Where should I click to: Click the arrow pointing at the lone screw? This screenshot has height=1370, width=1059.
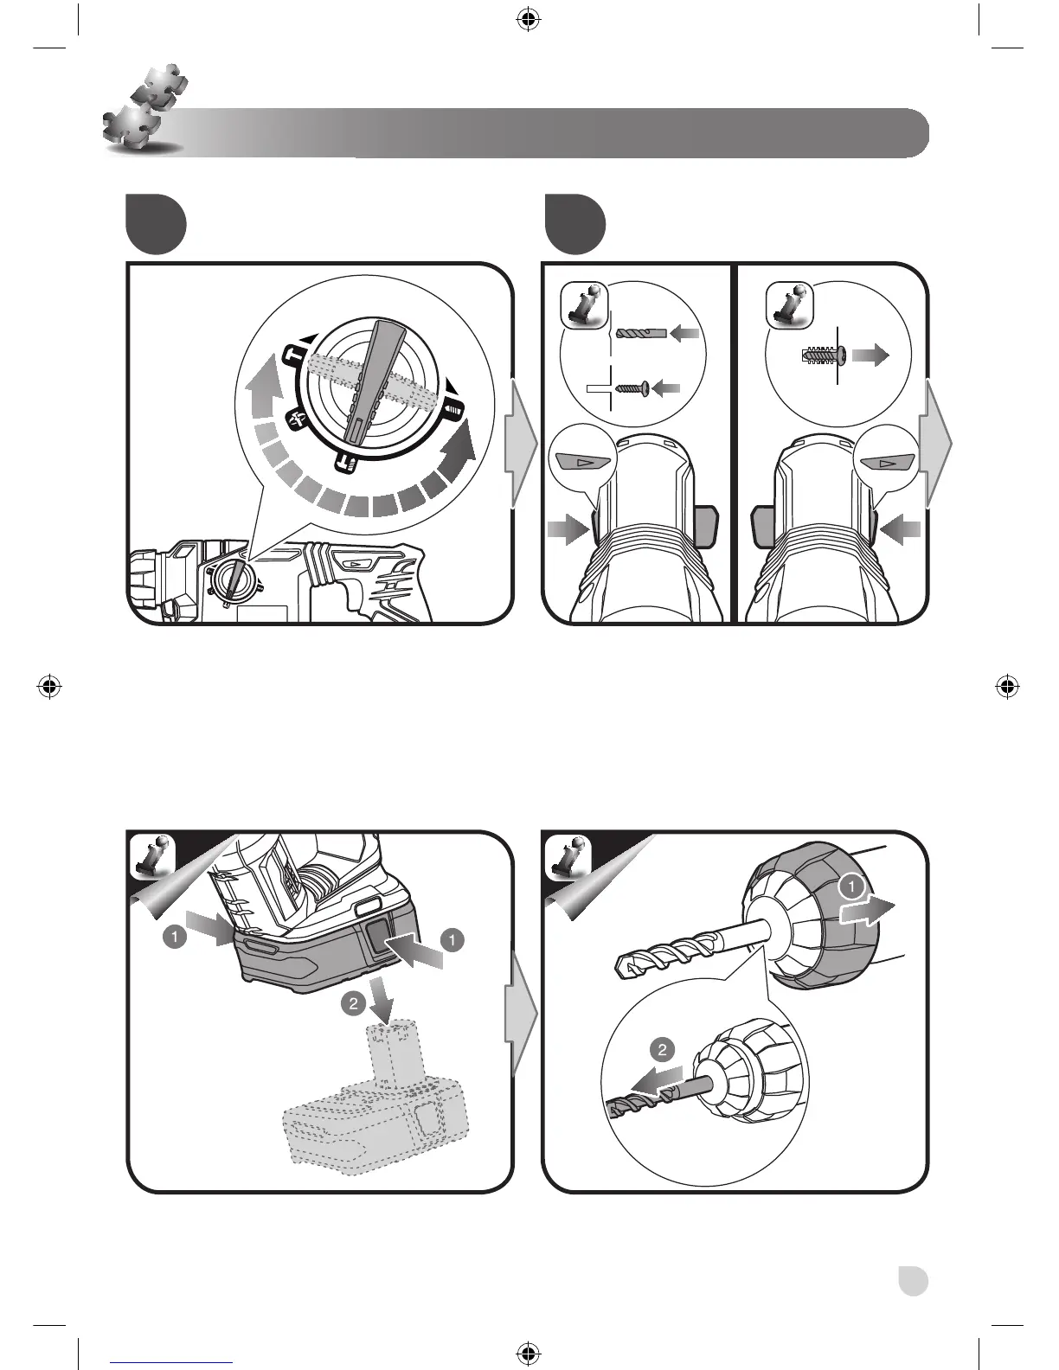[x=665, y=388]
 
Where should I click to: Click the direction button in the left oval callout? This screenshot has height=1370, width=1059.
[x=582, y=461]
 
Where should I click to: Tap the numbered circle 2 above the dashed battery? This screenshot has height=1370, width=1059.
[x=353, y=1004]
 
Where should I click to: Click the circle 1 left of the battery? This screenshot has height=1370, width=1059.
[x=175, y=936]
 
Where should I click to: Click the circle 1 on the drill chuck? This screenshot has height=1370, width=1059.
[x=851, y=887]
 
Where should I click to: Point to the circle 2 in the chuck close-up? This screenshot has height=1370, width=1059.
[x=662, y=1050]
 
